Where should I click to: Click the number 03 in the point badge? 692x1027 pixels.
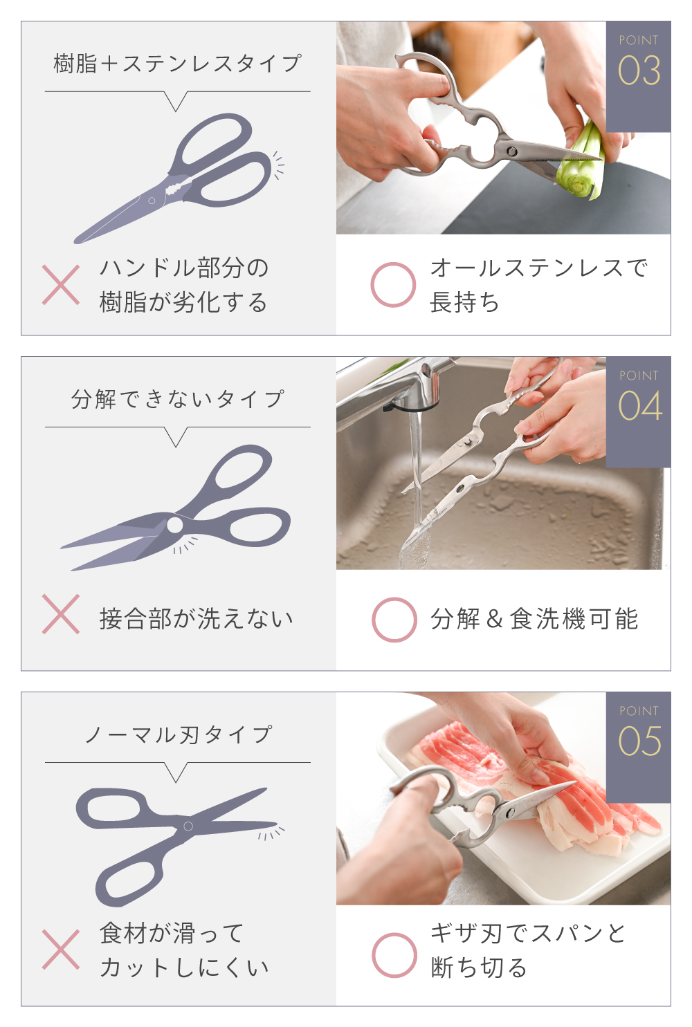point(639,71)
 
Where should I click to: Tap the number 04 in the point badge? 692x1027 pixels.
point(639,406)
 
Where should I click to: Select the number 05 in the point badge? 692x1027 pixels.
point(639,741)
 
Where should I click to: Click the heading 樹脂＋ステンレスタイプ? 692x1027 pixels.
point(178,63)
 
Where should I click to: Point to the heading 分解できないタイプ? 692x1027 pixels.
point(178,399)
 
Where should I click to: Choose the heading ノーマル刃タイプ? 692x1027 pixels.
point(179,734)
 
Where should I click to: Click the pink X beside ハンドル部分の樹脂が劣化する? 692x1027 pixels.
point(61,285)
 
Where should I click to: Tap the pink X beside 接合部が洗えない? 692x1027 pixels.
point(61,614)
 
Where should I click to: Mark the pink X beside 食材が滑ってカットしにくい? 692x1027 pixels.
point(61,950)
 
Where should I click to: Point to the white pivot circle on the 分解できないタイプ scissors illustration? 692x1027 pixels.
point(174,526)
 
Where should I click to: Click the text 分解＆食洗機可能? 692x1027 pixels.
point(534,618)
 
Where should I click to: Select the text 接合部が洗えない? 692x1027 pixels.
point(197,618)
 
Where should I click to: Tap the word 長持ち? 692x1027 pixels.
point(464,302)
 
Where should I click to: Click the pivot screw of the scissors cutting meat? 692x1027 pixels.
point(510,814)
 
